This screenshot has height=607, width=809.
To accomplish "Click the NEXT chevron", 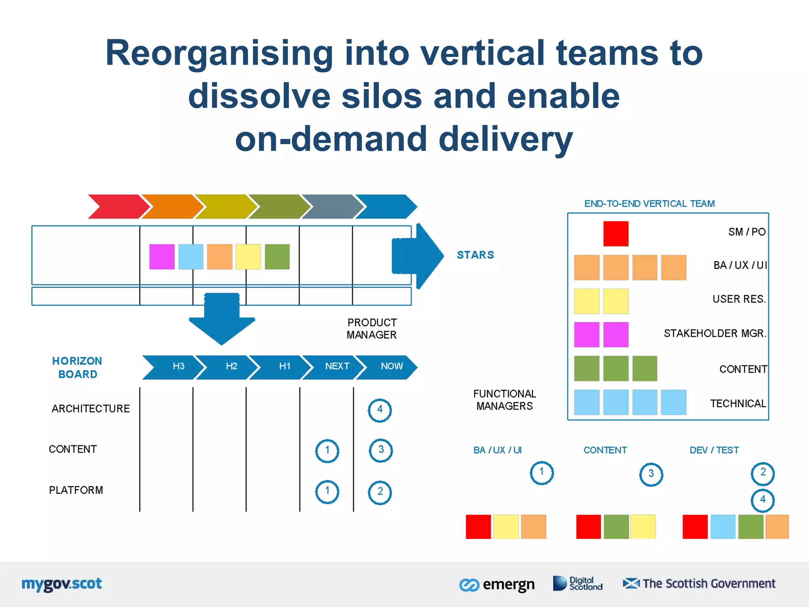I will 335,367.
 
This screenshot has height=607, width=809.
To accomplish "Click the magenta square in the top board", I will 162,257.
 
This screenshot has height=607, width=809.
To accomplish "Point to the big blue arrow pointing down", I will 222,318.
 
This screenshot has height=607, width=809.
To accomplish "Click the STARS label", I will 475,255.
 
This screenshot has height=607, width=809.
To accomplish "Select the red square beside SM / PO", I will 615,234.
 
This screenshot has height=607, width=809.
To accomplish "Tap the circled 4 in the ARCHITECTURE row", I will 380,410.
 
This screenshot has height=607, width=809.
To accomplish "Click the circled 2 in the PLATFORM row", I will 380,492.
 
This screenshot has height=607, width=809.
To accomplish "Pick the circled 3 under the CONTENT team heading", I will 651,474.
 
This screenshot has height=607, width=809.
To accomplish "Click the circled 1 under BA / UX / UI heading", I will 541,472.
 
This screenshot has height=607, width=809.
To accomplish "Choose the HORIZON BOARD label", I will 77,368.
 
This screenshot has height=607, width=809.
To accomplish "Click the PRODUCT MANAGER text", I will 372,328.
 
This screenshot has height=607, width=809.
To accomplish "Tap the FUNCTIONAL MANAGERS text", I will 504,400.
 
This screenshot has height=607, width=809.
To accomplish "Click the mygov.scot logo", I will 62,584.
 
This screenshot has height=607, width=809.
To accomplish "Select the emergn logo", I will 497,584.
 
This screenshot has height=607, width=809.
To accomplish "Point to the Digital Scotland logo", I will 578,584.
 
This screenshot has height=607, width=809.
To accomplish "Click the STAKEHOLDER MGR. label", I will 715,334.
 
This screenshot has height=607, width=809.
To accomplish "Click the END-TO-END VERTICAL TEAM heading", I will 649,204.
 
